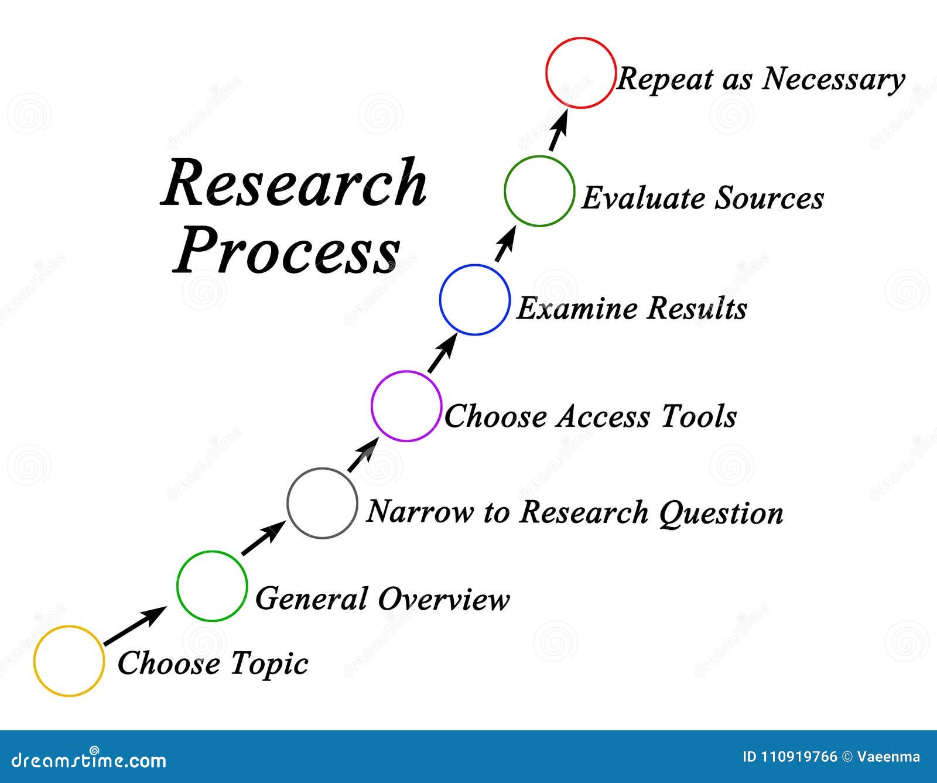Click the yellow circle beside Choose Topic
(x=69, y=661)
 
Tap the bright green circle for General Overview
(x=212, y=586)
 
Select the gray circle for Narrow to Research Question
(x=322, y=503)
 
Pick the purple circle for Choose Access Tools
(x=406, y=406)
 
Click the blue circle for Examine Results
(x=475, y=300)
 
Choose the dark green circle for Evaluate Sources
(x=539, y=191)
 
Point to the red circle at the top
(x=580, y=73)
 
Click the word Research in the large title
(x=294, y=184)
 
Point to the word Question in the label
(x=721, y=513)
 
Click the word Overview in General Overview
(x=443, y=599)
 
